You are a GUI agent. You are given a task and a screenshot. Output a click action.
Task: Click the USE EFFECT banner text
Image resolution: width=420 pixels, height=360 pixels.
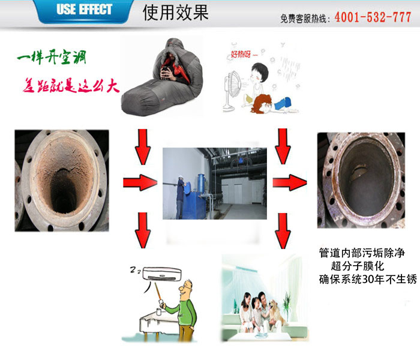[x=84, y=10]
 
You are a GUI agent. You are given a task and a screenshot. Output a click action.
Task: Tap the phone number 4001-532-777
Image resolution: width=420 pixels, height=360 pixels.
[x=373, y=17]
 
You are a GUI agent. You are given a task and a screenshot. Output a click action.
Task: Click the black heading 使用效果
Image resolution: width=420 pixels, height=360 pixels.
[x=175, y=13]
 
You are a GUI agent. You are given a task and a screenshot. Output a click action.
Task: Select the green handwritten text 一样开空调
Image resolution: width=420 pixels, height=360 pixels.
[x=52, y=57]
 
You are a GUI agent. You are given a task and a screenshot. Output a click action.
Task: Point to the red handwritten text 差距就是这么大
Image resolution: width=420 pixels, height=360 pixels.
[x=71, y=86]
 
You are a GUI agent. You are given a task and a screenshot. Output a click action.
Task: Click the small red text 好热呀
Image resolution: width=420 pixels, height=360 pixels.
[x=241, y=55]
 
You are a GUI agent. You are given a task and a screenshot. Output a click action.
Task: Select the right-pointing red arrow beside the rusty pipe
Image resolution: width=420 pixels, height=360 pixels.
[x=140, y=182]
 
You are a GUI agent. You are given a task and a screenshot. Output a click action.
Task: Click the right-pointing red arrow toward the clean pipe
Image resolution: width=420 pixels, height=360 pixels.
[x=290, y=182]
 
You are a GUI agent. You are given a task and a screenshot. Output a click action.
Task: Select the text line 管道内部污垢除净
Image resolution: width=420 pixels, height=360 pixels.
[x=362, y=253]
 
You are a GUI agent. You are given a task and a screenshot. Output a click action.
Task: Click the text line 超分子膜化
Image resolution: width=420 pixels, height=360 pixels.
[x=358, y=266]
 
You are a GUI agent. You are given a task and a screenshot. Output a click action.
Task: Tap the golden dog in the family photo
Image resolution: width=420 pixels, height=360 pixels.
[x=277, y=312]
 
